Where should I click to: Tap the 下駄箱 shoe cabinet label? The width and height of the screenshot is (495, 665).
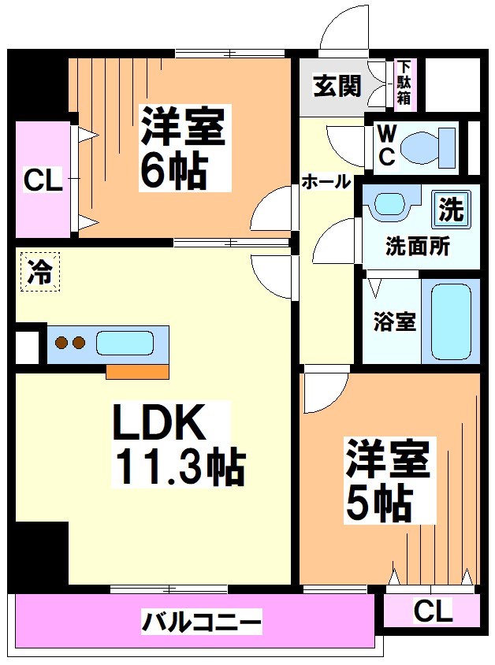404,83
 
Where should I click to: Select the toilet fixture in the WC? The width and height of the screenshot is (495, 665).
426,147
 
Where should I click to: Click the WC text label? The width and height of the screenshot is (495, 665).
386,146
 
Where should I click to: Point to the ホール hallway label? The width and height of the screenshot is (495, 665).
326,181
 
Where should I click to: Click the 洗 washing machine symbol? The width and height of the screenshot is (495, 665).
452,210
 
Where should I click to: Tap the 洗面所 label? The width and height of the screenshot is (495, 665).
417,245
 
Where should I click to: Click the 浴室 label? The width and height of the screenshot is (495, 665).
394,321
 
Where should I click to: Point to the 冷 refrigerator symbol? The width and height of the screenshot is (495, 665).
40,273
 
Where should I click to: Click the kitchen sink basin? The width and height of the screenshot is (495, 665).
125,344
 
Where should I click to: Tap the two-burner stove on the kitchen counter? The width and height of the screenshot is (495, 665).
68,343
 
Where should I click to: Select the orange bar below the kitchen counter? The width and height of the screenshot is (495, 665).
137,371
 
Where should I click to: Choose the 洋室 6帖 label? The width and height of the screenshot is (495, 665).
184,148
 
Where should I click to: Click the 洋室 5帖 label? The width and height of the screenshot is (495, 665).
388,481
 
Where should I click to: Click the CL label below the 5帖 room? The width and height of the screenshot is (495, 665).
432,610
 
